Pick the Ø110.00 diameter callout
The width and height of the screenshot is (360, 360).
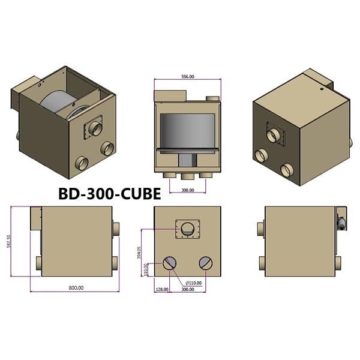pos(194,282)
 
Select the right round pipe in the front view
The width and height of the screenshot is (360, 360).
pos(205,263)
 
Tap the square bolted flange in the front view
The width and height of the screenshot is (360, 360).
pos(188,229)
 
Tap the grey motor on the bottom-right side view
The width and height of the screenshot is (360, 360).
pos(341,223)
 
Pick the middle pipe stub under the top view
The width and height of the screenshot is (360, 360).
pos(188,175)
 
